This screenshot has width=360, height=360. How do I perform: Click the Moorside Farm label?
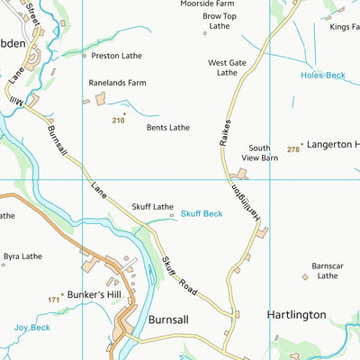(207, 4)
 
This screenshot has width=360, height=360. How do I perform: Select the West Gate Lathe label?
(227, 67)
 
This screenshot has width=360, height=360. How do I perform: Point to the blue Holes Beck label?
(322, 76)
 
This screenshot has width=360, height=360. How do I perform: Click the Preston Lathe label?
(117, 55)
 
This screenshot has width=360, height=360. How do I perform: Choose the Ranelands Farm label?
(117, 82)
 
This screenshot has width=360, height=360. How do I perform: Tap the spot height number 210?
(118, 120)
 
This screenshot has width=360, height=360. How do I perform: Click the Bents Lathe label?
(168, 128)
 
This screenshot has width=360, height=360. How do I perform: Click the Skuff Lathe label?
(152, 206)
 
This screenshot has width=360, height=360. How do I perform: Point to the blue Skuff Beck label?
(201, 213)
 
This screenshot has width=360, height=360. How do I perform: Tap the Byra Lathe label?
(22, 256)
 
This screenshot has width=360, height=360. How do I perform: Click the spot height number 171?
(53, 298)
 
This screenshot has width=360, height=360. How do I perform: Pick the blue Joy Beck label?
(31, 328)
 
